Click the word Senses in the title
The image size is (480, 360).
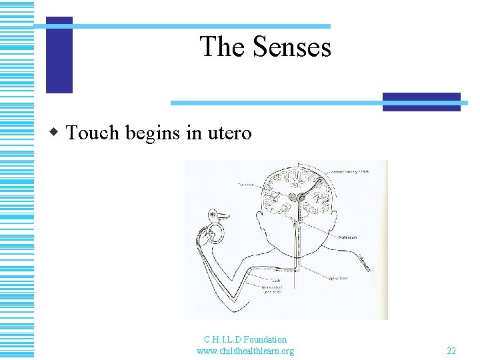[291, 47]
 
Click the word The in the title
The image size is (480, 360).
[222, 47]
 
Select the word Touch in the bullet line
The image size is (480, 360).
[92, 133]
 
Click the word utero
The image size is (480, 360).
[229, 133]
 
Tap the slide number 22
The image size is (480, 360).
[451, 351]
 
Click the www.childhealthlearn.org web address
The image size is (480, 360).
[245, 351]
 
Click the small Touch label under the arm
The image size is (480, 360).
[275, 281]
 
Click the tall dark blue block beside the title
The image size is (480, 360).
[59, 55]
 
